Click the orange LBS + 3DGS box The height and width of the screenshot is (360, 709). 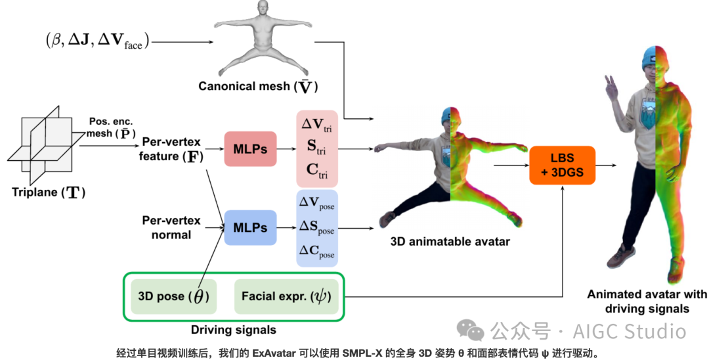tap(562, 166)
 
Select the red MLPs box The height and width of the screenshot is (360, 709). tap(250, 149)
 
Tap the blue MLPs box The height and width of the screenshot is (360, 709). tap(250, 227)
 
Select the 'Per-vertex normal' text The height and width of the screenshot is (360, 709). tap(171, 227)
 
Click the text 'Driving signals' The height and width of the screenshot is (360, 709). tap(234, 329)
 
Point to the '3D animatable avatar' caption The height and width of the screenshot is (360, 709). tap(450, 241)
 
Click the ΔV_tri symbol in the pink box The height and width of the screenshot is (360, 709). tap(316, 125)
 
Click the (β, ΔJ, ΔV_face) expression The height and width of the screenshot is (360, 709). tap(97, 41)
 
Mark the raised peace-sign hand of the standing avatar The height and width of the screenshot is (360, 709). tap(612, 89)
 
